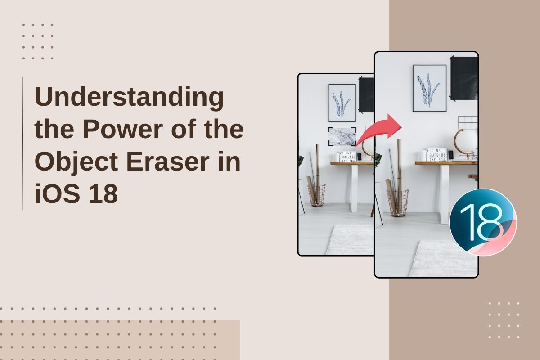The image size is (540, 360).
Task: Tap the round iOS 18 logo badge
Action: pyautogui.click(x=483, y=222)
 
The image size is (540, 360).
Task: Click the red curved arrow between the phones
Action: pyautogui.click(x=378, y=130)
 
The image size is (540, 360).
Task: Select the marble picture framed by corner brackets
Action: pyautogui.click(x=342, y=136)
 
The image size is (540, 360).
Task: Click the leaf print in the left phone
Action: pyautogui.click(x=342, y=103)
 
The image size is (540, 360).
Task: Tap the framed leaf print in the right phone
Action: pyautogui.click(x=430, y=88)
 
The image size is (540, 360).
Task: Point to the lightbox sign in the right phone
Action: pyautogui.click(x=436, y=154)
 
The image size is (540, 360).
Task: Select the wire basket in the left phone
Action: pyautogui.click(x=316, y=195)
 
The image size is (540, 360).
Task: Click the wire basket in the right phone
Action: pyautogui.click(x=398, y=202)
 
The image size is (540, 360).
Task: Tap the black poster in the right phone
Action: pyautogui.click(x=464, y=78)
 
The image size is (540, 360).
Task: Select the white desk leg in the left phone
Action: pyautogui.click(x=355, y=189)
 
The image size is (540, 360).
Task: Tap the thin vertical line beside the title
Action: pyautogui.click(x=22, y=143)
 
